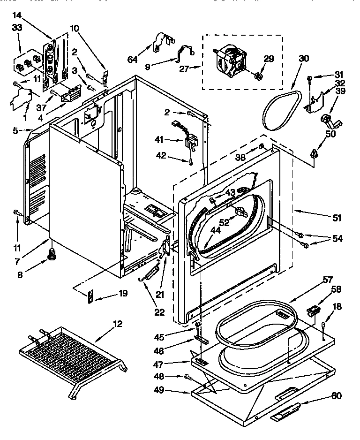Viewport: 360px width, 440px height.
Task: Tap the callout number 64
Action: coord(132,59)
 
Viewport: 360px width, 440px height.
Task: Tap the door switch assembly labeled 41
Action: coord(189,139)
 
